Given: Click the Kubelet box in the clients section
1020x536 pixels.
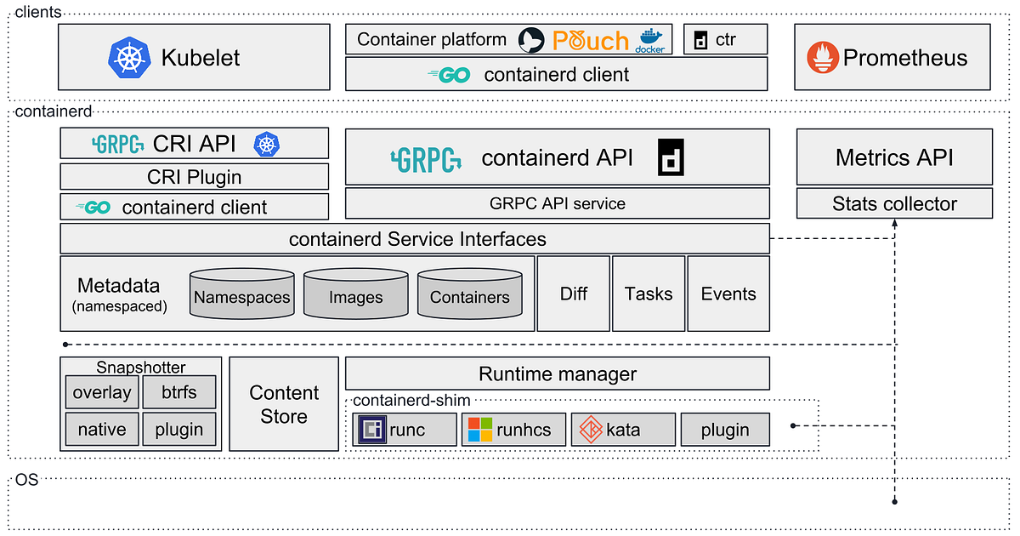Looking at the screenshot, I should (194, 57).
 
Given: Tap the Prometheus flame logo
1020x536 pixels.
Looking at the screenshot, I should (821, 57).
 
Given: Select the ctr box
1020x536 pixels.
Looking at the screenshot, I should (725, 39).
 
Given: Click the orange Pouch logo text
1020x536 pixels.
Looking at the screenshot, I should (590, 40).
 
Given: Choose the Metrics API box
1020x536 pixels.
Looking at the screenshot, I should (893, 157).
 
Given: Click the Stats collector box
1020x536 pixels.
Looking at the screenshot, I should (893, 204).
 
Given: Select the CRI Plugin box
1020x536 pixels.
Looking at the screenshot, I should (194, 177).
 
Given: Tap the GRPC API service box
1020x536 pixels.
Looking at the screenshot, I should (557, 204).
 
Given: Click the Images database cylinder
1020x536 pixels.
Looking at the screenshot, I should (355, 295).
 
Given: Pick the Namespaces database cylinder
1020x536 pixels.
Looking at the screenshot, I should (242, 295).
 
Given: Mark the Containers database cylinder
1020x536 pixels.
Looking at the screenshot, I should (469, 295).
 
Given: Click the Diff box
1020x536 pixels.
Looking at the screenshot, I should (574, 294).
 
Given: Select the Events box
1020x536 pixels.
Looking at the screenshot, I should (728, 294).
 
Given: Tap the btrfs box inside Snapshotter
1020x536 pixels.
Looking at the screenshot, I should (178, 393).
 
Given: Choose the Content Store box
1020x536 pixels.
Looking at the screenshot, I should (284, 404).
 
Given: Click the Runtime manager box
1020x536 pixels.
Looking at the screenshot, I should (557, 373).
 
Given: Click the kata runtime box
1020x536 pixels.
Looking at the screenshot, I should (624, 430).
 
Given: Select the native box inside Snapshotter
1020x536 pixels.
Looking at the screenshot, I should (101, 430).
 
